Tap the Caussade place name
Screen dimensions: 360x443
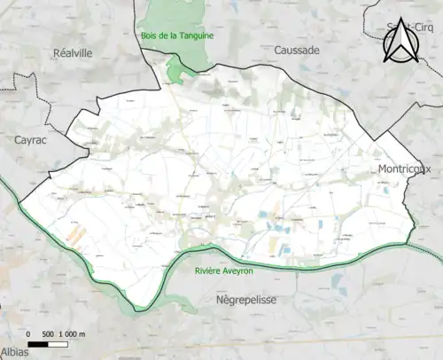click(296, 51)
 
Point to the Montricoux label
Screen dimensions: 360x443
click(403, 169)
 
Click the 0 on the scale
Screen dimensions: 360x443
click(30, 333)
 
